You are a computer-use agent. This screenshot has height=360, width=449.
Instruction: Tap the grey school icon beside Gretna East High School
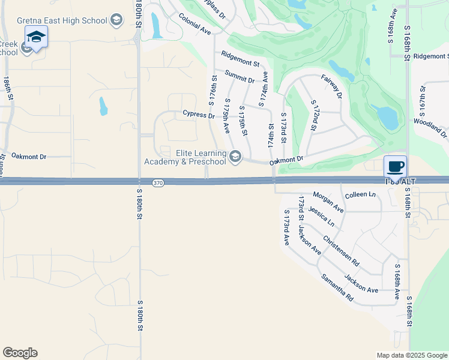click(116, 21)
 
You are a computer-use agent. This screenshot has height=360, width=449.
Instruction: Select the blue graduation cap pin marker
click(36, 38)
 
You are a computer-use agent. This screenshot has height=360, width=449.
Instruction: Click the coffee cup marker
click(395, 166)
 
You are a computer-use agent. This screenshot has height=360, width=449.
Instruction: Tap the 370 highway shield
click(157, 183)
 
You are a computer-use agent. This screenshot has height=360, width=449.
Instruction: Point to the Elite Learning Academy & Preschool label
click(185, 157)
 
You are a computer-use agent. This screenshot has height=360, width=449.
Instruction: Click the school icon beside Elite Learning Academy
click(235, 157)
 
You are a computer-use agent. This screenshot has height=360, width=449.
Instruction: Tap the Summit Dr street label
click(240, 76)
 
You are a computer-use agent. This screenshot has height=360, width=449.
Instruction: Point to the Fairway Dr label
click(331, 87)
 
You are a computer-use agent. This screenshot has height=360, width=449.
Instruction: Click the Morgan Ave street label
click(328, 202)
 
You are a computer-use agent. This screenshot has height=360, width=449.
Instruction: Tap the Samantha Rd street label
click(337, 287)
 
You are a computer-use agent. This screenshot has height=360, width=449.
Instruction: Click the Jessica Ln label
click(321, 216)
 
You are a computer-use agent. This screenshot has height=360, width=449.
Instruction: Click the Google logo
click(20, 353)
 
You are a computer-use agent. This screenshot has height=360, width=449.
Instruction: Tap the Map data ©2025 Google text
click(411, 355)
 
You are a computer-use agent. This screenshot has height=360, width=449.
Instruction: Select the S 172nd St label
click(314, 115)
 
